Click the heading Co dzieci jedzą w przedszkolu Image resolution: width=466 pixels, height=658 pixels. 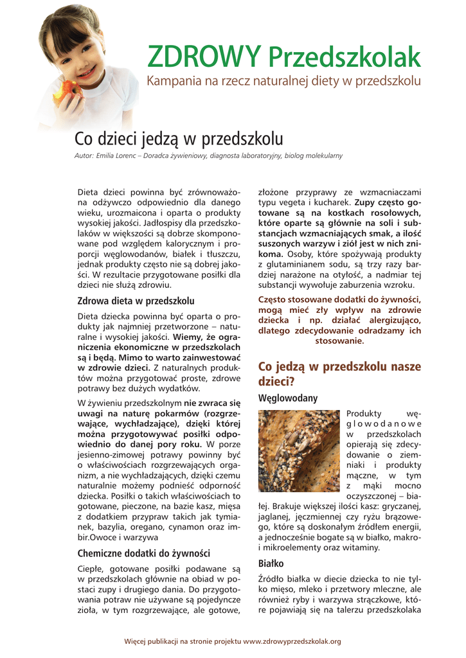(x=179, y=139)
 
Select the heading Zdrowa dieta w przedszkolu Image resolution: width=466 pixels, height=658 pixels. (x=136, y=300)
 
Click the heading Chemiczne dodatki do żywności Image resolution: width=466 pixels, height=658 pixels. (x=144, y=553)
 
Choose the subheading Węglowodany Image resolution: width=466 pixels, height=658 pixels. (x=288, y=398)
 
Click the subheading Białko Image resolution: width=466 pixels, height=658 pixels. (x=271, y=563)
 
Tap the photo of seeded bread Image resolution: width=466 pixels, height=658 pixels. (x=298, y=451)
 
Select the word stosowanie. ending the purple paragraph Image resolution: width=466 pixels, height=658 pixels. (x=339, y=341)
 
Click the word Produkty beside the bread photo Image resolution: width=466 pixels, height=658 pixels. (x=364, y=413)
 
